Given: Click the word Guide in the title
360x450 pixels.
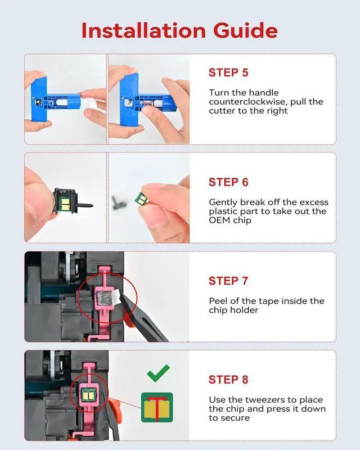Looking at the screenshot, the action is [x=245, y=30].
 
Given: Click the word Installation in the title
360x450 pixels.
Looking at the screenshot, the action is [x=143, y=30].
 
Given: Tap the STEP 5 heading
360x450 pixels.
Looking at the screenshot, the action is [x=228, y=73].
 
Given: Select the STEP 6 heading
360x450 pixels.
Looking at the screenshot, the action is [x=228, y=182].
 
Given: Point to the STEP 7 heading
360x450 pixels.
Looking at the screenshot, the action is [x=228, y=281].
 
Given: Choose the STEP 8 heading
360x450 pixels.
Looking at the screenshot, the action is [x=228, y=379].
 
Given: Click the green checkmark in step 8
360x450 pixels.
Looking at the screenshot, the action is [x=158, y=373].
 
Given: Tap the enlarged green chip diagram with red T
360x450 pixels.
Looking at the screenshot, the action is [x=157, y=407].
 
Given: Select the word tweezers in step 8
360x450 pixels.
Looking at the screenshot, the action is [x=266, y=400].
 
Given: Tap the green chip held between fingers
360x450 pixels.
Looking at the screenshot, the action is [x=140, y=199].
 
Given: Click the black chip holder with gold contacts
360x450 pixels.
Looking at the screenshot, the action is [x=65, y=201].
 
